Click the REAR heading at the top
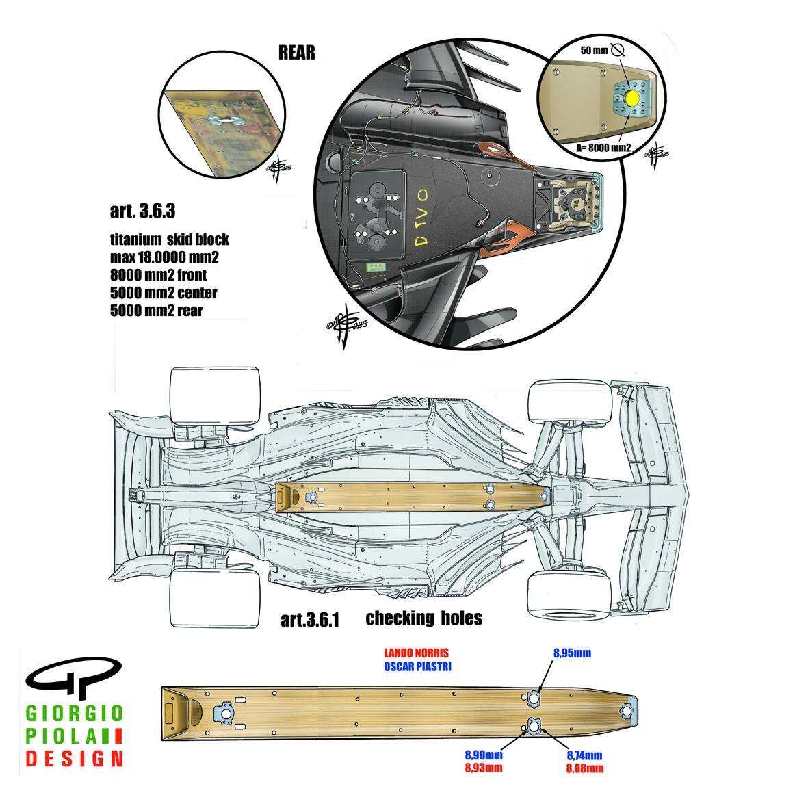[296, 53]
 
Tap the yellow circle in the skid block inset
[631, 99]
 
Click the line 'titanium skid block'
[169, 240]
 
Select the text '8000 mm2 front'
[158, 275]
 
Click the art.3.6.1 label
[310, 620]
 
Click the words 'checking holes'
[423, 618]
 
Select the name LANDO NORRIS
[417, 653]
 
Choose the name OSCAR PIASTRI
[417, 666]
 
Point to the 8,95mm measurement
[572, 653]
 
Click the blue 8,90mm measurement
[484, 755]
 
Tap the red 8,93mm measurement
[484, 768]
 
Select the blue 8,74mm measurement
[584, 755]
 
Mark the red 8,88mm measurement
[584, 768]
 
